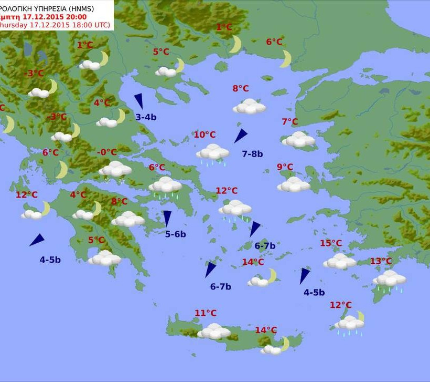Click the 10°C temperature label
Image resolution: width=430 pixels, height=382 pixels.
(x=205, y=135)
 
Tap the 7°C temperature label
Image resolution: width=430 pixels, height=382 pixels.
(x=289, y=122)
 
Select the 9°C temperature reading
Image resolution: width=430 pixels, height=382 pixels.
(x=285, y=167)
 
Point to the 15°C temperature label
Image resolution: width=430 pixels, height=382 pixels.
(x=331, y=243)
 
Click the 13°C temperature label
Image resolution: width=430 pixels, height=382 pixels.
(x=381, y=261)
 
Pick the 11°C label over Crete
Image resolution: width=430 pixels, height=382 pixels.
(x=206, y=313)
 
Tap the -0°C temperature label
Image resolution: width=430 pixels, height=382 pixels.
(x=107, y=152)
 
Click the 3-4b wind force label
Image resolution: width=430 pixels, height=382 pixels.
(x=146, y=117)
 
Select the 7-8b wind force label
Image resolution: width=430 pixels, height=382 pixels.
(x=252, y=154)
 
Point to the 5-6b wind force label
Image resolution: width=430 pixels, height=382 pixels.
(x=175, y=234)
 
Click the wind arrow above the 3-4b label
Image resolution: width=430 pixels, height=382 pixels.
(x=139, y=101)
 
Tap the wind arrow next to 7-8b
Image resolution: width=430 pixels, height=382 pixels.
(x=240, y=136)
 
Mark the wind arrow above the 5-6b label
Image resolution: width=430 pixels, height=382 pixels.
(x=167, y=218)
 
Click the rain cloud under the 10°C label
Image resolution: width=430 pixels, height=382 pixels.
(x=212, y=153)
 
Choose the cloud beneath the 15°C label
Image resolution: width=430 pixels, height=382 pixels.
(x=339, y=261)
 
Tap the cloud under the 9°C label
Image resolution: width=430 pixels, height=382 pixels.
(x=294, y=184)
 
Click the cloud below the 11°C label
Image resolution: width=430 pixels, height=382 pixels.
(x=214, y=331)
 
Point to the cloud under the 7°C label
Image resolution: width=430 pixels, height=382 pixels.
(x=298, y=140)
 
